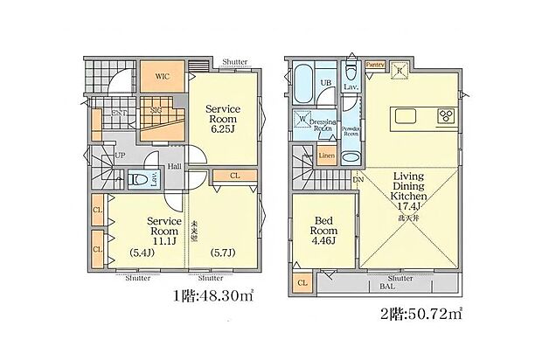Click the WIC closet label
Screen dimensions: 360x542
pyautogui.click(x=162, y=76)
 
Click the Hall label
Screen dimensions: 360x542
pyautogui.click(x=175, y=166)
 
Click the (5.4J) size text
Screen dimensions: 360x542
pyautogui.click(x=142, y=253)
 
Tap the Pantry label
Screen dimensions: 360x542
pyautogui.click(x=376, y=65)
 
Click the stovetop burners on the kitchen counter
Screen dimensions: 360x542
pyautogui.click(x=445, y=116)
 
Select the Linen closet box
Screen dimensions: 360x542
pyautogui.click(x=325, y=156)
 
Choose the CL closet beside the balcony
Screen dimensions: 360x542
pyautogui.click(x=302, y=283)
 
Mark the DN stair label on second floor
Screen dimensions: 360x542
pyautogui.click(x=358, y=180)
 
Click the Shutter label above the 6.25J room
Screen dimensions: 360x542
pyautogui.click(x=234, y=62)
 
